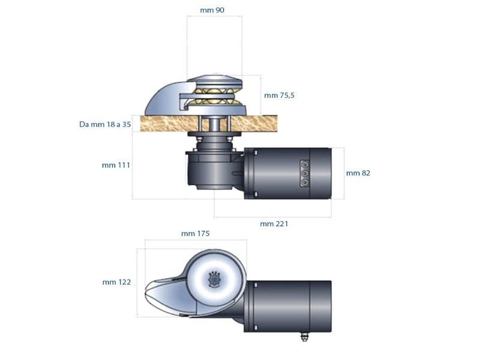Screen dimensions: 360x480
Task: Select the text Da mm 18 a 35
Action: (105, 125)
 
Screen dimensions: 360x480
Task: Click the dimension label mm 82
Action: (358, 173)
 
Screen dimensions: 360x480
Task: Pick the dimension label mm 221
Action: (274, 224)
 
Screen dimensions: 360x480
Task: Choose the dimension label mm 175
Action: (195, 234)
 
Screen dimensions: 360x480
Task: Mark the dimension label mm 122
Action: (116, 282)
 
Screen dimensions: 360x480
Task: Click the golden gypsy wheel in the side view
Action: (215, 96)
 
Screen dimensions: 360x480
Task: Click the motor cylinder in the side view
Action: (288, 173)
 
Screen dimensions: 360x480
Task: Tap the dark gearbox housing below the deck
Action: (210, 168)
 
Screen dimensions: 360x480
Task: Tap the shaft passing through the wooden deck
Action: (214, 124)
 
